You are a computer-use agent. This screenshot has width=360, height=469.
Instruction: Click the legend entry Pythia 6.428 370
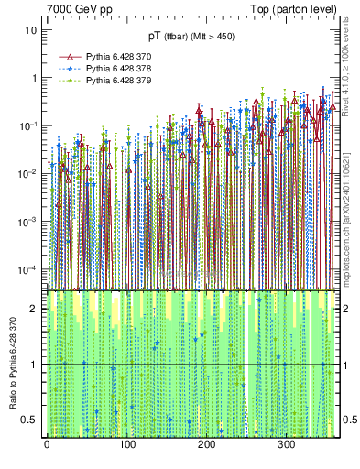[x=113, y=57]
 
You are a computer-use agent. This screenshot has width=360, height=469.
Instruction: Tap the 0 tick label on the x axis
[x=47, y=444]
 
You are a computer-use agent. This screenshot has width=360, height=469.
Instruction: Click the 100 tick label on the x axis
[x=126, y=444]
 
